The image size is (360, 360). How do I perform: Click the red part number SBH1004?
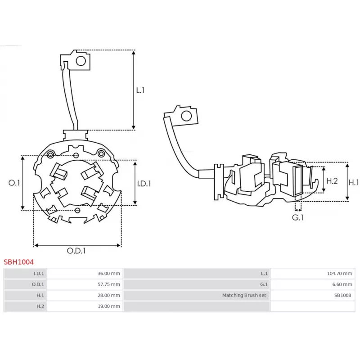(x=18, y=261)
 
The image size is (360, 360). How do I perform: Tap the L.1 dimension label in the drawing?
(x=140, y=90)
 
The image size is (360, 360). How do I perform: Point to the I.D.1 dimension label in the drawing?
(x=144, y=183)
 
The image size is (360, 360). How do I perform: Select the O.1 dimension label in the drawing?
(x=14, y=183)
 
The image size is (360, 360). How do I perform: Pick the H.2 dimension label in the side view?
(x=332, y=181)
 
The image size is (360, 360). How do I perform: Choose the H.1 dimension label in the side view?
(x=354, y=182)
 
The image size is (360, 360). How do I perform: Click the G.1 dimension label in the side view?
(x=298, y=217)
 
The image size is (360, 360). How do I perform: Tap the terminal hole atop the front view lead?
(x=81, y=60)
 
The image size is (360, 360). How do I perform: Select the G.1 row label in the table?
(x=264, y=284)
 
